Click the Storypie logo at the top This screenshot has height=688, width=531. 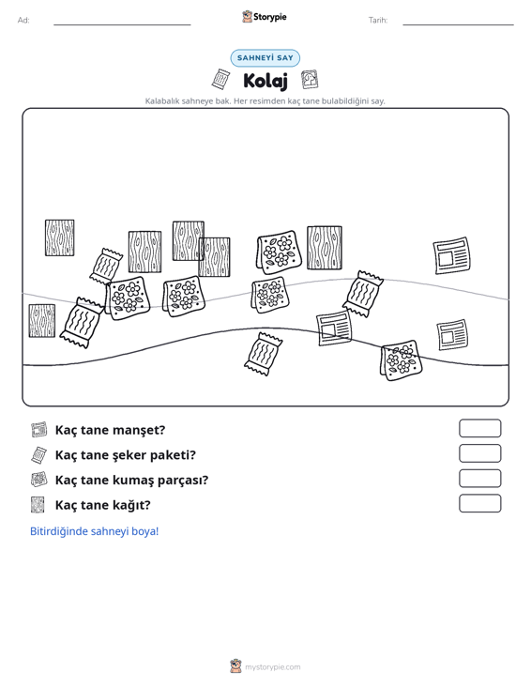[265, 17]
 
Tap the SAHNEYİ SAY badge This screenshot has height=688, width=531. [265, 58]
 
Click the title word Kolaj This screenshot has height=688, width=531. [265, 81]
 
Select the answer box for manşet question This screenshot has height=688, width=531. [479, 428]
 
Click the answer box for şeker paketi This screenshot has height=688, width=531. [479, 453]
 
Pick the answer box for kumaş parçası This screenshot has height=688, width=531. [479, 479]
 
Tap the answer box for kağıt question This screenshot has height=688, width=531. [479, 503]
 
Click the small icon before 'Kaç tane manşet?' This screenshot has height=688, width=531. [38, 430]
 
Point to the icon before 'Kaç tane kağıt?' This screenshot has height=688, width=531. [38, 505]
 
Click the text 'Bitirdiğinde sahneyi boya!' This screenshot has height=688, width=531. [94, 531]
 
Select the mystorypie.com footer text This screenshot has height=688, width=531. [273, 667]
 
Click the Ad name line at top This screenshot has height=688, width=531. [122, 24]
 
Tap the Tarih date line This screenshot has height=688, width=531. [458, 24]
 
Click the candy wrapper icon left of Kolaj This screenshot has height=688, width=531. [220, 79]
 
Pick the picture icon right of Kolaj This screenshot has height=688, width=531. [310, 80]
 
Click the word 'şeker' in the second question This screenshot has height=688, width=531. [129, 455]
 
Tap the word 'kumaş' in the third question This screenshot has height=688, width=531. [130, 480]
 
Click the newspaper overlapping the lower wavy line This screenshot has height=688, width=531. [334, 329]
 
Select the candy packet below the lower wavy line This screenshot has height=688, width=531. [263, 354]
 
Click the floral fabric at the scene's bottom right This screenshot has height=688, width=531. [401, 359]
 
